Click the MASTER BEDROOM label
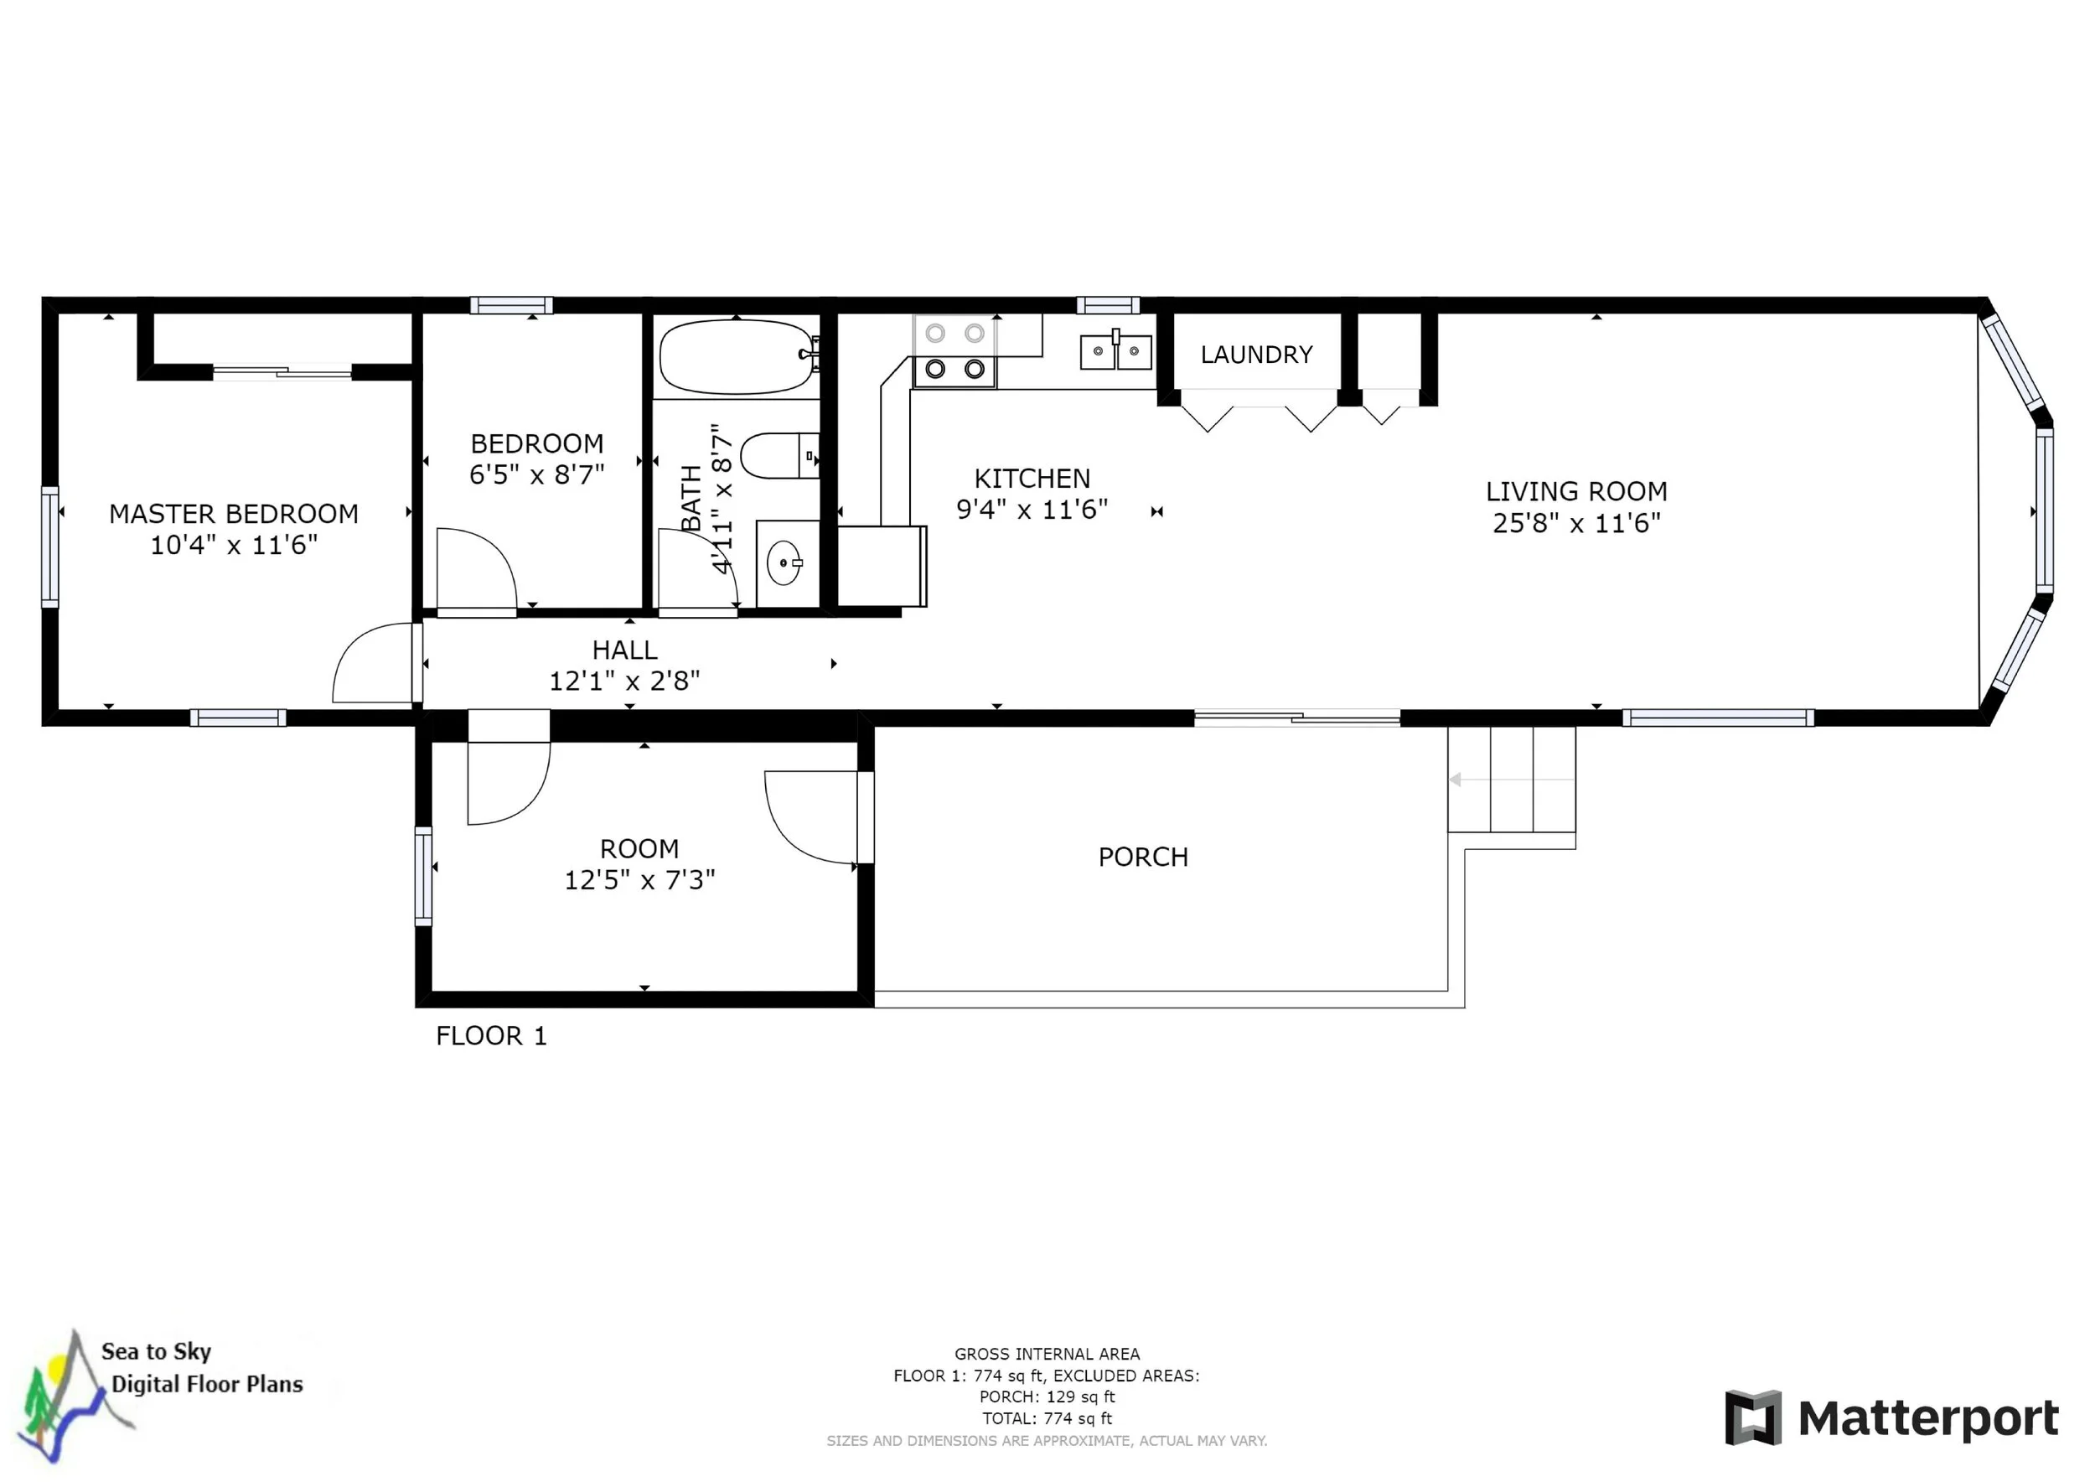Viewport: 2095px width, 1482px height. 234,514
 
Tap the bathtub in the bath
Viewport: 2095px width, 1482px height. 737,356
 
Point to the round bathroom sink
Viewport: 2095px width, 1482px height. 784,562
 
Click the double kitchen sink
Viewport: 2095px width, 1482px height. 1116,350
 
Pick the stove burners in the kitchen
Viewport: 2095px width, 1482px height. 954,351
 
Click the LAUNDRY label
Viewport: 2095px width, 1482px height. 1256,354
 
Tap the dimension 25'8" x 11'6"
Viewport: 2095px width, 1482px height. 1577,523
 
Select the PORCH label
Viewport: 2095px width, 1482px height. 1143,857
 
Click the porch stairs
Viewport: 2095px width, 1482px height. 1511,780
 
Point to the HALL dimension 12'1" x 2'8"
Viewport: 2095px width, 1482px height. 624,681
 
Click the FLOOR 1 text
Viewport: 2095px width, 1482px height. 491,1036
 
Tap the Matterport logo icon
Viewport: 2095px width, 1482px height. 1753,1418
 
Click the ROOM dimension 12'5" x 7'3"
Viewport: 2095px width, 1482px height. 639,879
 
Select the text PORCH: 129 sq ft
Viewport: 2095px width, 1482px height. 1047,1397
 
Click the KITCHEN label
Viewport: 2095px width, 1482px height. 1032,478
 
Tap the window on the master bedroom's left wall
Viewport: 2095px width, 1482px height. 50,547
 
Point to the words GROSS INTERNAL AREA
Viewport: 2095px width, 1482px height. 1047,1355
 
